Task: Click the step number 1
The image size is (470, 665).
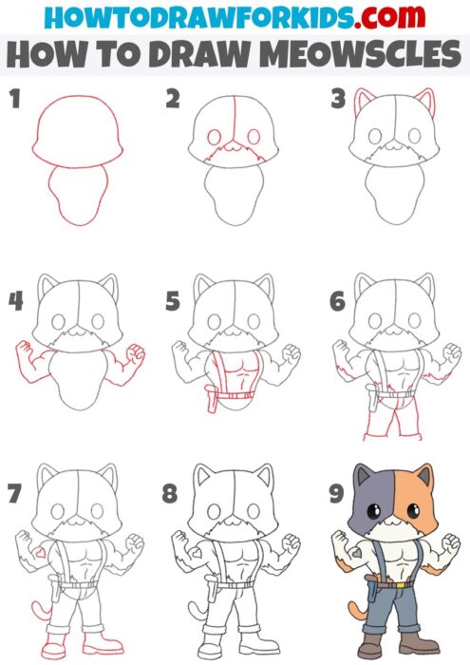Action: tap(12, 99)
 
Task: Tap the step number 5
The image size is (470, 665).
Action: tap(170, 302)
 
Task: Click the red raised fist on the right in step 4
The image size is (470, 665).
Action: tap(136, 355)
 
